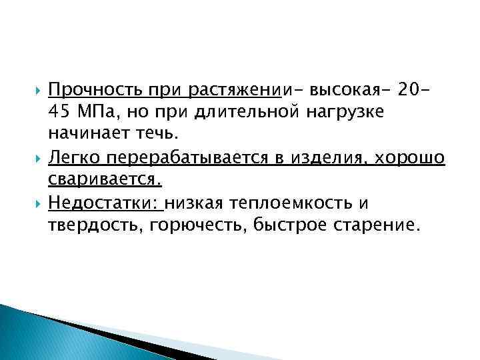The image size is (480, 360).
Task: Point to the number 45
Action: pyautogui.click(x=58, y=111)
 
